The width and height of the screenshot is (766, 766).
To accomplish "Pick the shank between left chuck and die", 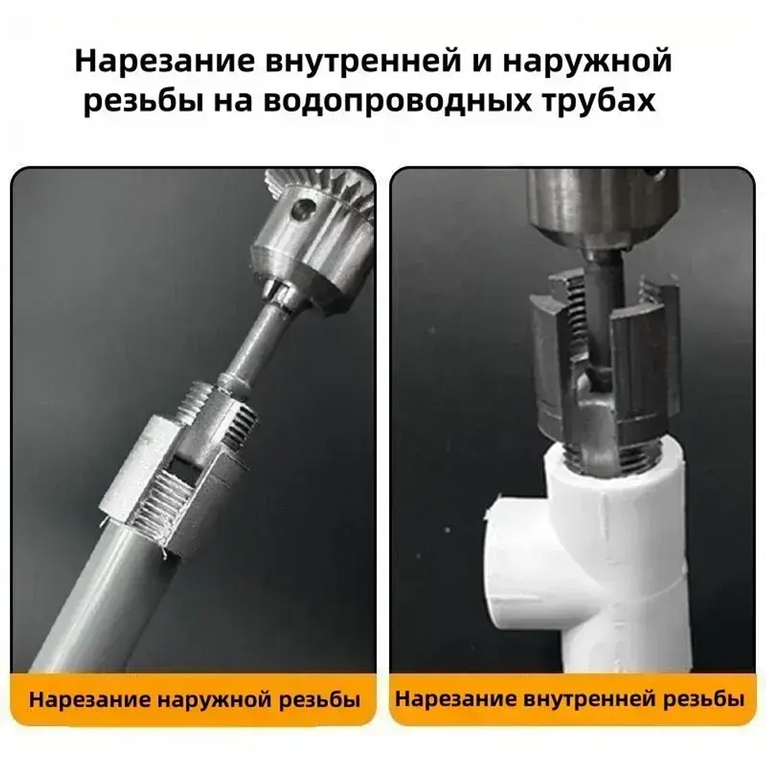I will (253, 345).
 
